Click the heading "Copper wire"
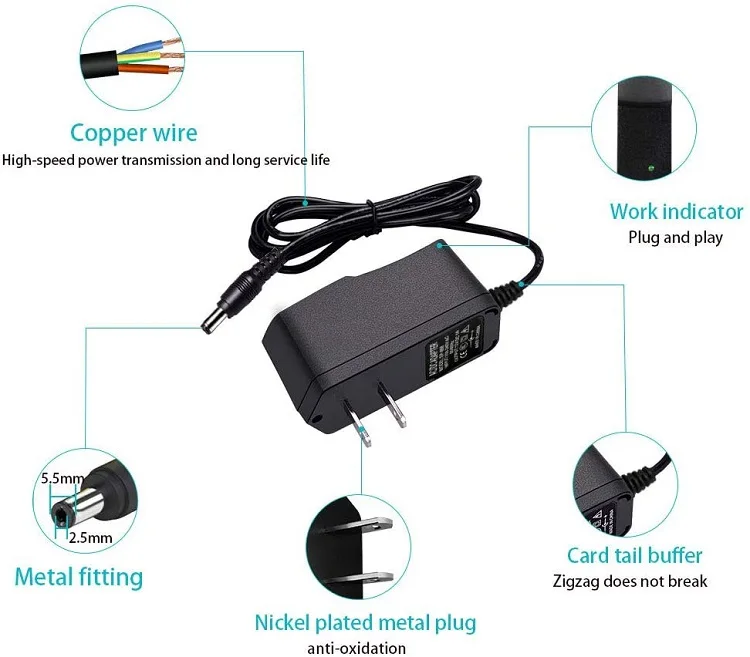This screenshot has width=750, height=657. click(x=134, y=133)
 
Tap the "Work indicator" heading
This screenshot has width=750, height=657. click(x=676, y=211)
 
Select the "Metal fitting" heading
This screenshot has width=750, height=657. click(x=78, y=577)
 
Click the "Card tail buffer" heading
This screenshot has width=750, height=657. click(x=634, y=555)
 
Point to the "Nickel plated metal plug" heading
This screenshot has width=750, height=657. click(x=365, y=623)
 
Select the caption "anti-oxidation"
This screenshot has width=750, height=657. click(x=356, y=648)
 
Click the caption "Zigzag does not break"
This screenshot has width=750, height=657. click(x=630, y=581)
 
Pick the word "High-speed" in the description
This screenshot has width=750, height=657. click(x=36, y=160)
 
